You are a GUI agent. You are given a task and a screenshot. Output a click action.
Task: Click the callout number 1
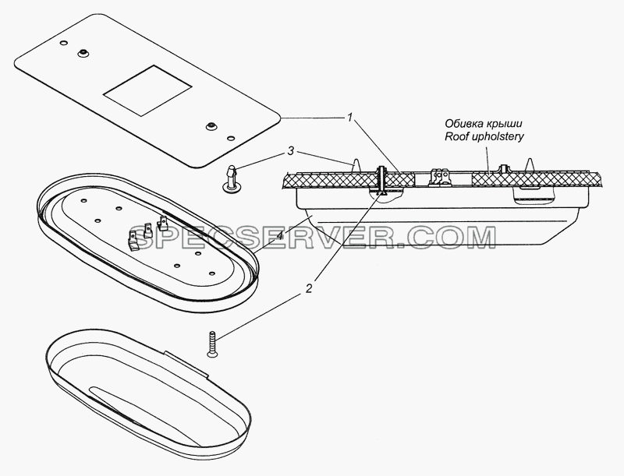tap(349, 118)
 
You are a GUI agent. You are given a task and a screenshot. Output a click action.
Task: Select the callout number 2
tap(309, 288)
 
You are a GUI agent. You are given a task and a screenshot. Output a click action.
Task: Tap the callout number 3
tap(291, 151)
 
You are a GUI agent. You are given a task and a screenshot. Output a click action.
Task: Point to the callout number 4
tap(280, 235)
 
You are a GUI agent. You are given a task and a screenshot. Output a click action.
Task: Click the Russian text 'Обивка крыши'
tap(484, 123)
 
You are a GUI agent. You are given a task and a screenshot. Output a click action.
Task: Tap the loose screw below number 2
tap(212, 344)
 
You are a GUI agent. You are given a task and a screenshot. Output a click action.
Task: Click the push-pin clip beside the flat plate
tap(231, 180)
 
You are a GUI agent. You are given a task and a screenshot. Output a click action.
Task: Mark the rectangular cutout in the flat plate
tap(147, 90)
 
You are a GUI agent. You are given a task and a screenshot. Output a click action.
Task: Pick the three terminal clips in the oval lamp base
tap(147, 234)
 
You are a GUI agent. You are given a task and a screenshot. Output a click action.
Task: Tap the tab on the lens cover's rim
tap(186, 364)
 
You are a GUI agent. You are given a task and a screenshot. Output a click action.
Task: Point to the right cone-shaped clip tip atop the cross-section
tap(530, 165)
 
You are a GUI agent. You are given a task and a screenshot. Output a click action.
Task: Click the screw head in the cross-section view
tap(383, 192)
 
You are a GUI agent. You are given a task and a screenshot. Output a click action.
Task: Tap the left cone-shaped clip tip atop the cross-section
tap(356, 166)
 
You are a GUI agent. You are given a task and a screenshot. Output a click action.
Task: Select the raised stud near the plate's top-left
tap(83, 53)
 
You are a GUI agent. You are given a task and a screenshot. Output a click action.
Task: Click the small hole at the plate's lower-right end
tap(230, 138)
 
